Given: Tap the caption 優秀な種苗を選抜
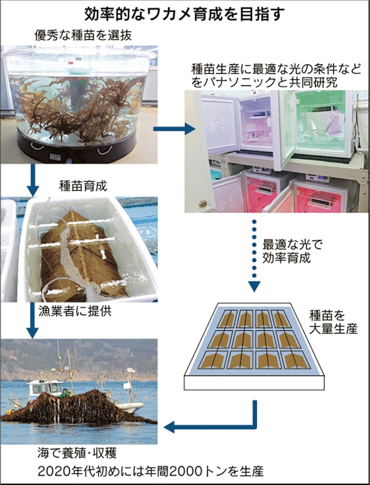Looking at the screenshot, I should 84,36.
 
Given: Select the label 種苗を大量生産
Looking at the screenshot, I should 332,322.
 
